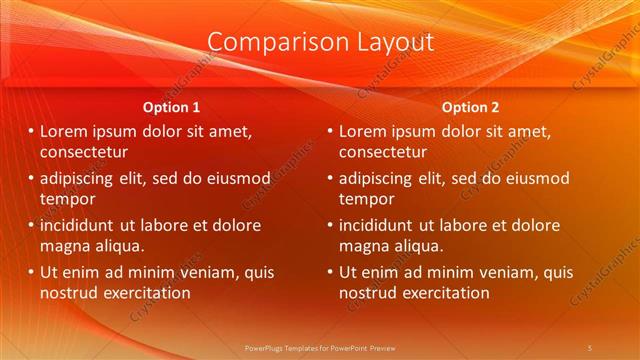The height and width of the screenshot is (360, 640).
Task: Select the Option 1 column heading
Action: tap(171, 107)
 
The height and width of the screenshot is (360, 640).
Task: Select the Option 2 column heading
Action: tap(470, 107)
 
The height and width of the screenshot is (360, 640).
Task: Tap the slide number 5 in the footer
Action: tap(590, 347)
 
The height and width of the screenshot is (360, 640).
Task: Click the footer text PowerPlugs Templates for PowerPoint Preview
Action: tap(319, 347)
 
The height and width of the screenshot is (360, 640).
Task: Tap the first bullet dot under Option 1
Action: tap(31, 131)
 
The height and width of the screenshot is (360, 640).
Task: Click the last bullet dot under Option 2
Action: tap(330, 272)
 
